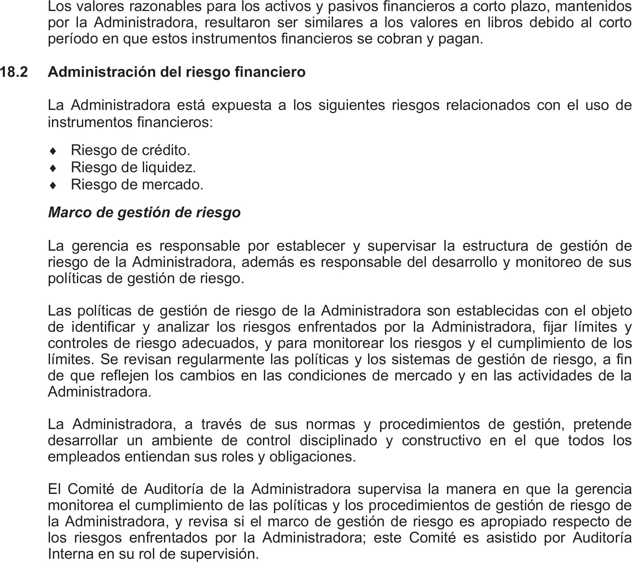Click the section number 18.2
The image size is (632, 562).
(14, 72)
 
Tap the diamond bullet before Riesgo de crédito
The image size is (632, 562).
(54, 151)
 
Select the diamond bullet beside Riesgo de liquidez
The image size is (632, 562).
(54, 168)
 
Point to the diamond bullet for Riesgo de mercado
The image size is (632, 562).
(54, 185)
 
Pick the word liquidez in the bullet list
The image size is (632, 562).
(169, 168)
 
